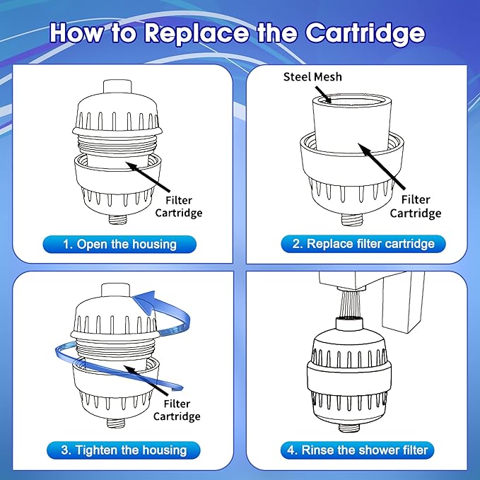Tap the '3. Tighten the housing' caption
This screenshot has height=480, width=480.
(x=124, y=450)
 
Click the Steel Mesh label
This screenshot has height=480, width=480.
(x=312, y=76)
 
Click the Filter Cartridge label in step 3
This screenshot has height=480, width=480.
(x=177, y=410)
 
